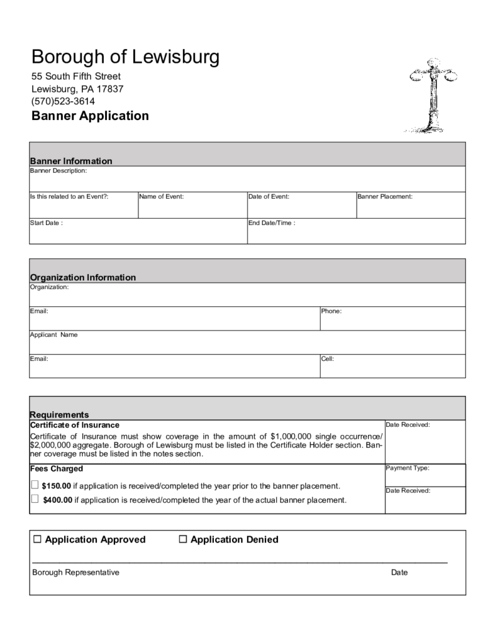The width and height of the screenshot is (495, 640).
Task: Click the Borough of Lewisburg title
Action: pos(125,58)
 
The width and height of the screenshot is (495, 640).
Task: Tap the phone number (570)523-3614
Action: pos(63,101)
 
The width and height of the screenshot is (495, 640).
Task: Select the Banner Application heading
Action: pos(90,116)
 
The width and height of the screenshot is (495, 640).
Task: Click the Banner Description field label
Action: pos(58,170)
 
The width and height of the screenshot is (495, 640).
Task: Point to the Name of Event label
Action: pos(161,196)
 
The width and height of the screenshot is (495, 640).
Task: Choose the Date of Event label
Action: pos(269,196)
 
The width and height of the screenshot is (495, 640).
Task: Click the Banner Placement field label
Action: pos(385,196)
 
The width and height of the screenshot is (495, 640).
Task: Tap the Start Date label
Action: pos(46,222)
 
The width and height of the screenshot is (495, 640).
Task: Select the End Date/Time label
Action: pos(272,222)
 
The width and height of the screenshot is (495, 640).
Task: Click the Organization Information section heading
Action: pos(83,277)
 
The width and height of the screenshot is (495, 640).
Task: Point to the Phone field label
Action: pos(331,311)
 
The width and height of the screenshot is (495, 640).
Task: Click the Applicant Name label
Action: pos(54,335)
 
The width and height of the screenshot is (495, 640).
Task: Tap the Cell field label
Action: pos(328,359)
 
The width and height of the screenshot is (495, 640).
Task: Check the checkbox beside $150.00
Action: pos(35,485)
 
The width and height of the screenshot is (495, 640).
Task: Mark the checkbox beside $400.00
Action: pos(35,499)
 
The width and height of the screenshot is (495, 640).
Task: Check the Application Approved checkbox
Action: pos(37,539)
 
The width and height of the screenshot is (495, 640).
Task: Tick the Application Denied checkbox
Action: pos(183,539)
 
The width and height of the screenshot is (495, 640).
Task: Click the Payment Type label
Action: pos(408,468)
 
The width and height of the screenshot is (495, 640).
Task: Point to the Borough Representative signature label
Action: pos(75,572)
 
